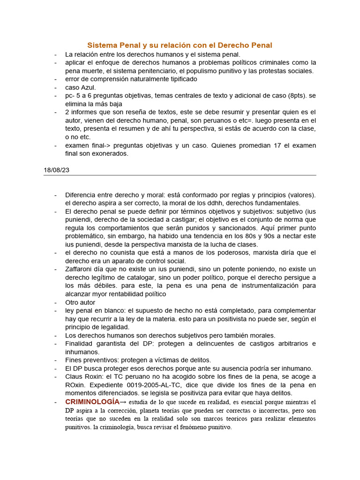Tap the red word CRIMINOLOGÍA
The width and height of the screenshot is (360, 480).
pyautogui.click(x=92, y=402)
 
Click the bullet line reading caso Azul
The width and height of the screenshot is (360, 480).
pyautogui.click(x=81, y=87)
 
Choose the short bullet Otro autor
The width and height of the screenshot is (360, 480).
pyautogui.click(x=80, y=302)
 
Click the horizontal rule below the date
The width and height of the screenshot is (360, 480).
pyautogui.click(x=180, y=175)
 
